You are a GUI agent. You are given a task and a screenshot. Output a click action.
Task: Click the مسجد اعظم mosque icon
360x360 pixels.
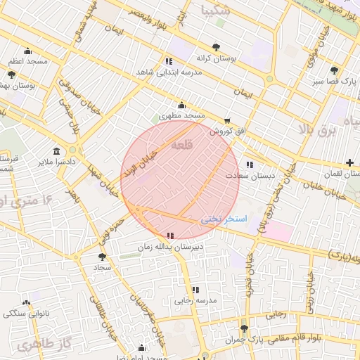(27, 51)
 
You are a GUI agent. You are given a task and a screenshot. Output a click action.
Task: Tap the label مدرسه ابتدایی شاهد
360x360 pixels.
(172, 72)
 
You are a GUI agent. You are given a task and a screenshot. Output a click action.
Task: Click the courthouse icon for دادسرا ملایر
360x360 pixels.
(56, 151)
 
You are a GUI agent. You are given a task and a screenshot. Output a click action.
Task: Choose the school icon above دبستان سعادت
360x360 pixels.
(249, 165)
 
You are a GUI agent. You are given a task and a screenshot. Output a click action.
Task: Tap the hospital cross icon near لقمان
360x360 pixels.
(349, 162)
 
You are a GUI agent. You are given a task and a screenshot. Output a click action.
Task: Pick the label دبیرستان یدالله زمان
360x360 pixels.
(170, 247)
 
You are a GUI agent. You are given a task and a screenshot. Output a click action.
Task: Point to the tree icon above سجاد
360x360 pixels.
(102, 257)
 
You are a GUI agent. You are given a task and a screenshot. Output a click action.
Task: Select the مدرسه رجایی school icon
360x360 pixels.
(195, 290)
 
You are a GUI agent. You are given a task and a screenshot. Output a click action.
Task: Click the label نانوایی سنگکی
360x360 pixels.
(25, 313)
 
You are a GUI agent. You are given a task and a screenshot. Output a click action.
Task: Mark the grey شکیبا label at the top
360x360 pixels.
(215, 11)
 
